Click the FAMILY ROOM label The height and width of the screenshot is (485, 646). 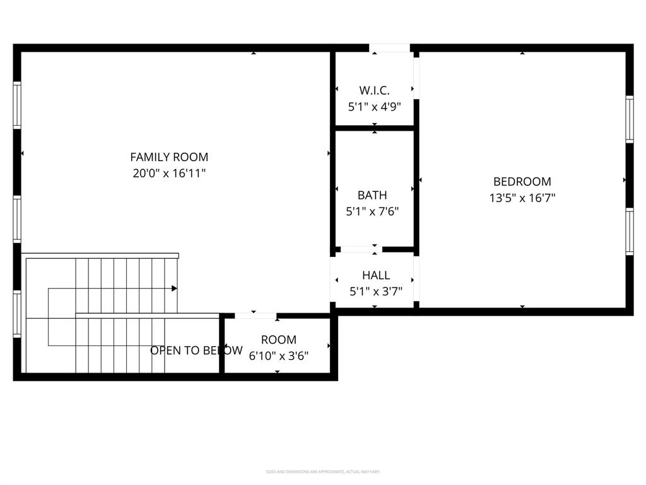pos(169,157)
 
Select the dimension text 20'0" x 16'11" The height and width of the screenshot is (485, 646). pos(169,174)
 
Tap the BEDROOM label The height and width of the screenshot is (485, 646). pos(522,181)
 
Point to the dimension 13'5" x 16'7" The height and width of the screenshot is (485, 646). pos(522,198)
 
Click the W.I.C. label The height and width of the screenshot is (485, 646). pos(374,90)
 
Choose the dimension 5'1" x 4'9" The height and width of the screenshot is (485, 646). pos(374,107)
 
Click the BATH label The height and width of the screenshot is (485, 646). pos(372,195)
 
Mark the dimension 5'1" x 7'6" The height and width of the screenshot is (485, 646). pos(372,212)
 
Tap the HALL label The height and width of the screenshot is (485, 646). pos(376,275)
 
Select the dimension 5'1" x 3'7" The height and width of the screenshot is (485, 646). pos(376,292)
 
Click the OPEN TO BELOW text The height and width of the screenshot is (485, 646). pos(196,350)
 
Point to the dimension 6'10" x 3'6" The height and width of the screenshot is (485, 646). pos(278,356)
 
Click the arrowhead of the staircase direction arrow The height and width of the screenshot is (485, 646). pos(174,289)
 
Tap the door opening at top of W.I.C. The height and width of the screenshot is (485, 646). pos(389,48)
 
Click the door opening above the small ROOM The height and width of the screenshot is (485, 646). pos(255,315)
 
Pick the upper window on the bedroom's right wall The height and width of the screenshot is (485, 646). pos(629,119)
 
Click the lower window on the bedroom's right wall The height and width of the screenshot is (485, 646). pos(629,231)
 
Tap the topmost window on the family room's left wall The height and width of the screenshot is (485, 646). pos(17,105)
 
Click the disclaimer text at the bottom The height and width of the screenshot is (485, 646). pos(323,472)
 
